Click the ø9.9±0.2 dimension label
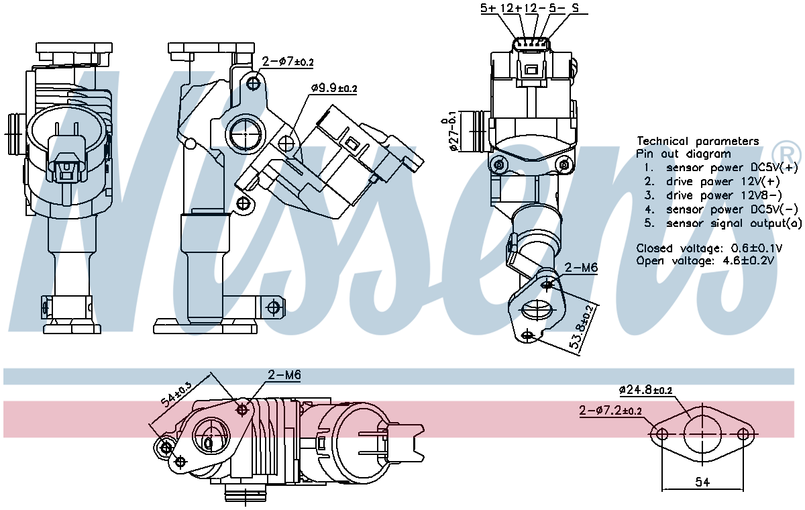point(334,88)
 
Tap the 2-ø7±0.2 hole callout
point(288,62)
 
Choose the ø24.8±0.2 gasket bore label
point(645,389)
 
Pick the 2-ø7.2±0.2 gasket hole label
point(611,410)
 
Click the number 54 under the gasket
point(702,482)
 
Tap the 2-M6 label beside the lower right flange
point(580,268)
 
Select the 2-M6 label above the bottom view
point(284,376)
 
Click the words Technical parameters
point(698,141)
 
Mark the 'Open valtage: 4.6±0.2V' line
point(705,260)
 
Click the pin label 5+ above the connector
point(488,9)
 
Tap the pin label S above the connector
point(575,9)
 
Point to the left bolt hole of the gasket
point(662,434)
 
